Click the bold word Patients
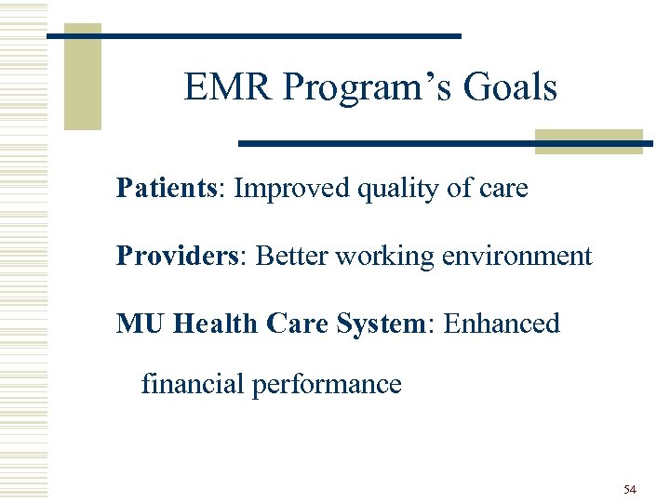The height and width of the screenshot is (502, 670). tap(166, 189)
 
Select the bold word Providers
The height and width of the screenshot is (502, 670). tap(175, 256)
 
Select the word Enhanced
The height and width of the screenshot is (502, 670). tap(502, 324)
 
